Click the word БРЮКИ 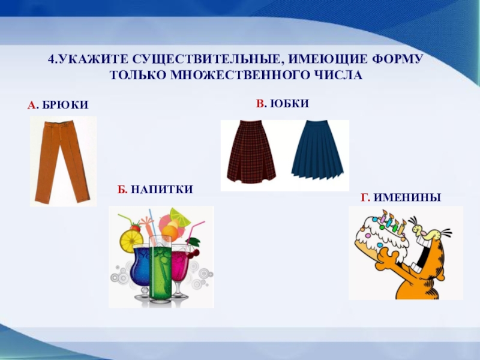click(x=65, y=106)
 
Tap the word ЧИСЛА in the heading click(x=341, y=76)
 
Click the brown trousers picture click(x=62, y=161)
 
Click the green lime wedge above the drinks click(x=179, y=214)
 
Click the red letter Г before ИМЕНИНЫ click(x=364, y=196)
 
